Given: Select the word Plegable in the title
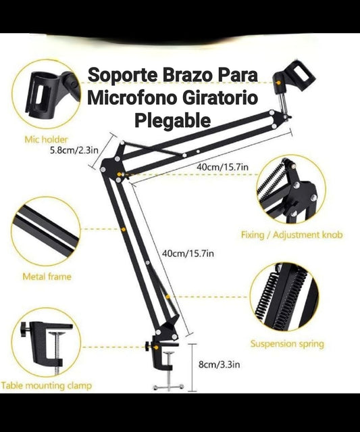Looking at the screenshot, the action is [173, 120].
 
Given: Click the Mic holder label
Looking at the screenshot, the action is [46, 139].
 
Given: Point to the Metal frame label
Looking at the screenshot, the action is [47, 277].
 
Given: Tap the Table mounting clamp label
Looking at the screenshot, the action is [46, 385].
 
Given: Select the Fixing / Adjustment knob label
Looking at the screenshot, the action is [292, 235].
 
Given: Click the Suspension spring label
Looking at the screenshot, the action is [287, 344].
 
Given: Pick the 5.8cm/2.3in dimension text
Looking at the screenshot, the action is [74, 150].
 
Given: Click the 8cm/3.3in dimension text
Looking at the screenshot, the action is [219, 364].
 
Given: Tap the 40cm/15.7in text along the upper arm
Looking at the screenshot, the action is [222, 167].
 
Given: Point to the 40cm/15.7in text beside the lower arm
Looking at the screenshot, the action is [188, 254].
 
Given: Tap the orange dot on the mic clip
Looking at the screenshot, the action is [278, 82].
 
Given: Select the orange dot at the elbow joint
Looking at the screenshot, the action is [119, 174].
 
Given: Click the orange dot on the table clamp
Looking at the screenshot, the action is [156, 347].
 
